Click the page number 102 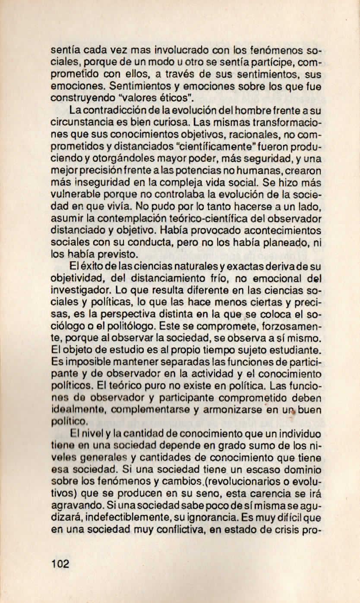coord(60,564)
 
